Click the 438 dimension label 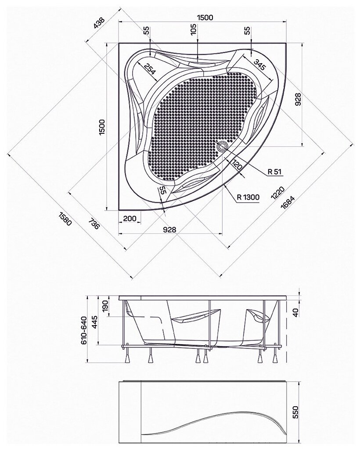tap(100, 23)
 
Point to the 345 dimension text tap(259, 65)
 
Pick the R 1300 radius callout tap(248, 197)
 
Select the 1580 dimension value tap(65, 219)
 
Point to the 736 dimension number tap(94, 223)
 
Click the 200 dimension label tap(130, 218)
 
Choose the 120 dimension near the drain tap(237, 165)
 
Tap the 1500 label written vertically tap(103, 127)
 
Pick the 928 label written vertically tap(298, 99)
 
